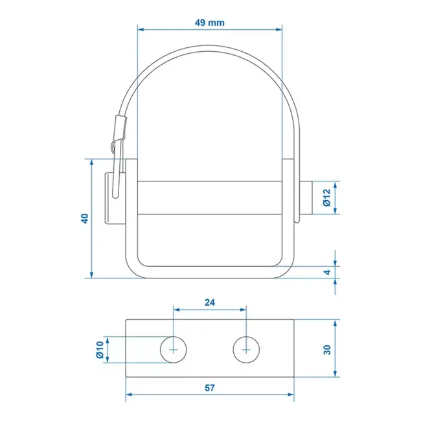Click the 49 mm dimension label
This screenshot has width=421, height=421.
(209, 23)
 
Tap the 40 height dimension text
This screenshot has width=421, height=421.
(84, 219)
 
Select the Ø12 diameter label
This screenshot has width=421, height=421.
(327, 197)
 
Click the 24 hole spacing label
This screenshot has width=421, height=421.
(209, 301)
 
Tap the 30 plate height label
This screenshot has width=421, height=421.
(327, 349)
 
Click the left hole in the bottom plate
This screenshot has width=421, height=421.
(173, 348)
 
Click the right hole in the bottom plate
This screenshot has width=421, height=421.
(246, 348)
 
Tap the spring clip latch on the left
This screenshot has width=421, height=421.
(117, 155)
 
